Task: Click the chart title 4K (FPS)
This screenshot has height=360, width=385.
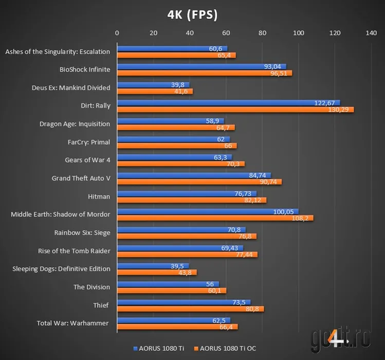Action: pyautogui.click(x=192, y=15)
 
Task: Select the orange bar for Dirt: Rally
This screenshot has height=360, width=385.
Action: pyautogui.click(x=235, y=110)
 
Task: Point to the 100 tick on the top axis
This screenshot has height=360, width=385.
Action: pyautogui.click(x=299, y=33)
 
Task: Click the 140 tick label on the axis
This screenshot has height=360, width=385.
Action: pyautogui.click(x=371, y=33)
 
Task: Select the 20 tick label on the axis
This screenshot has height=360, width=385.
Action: pyautogui.click(x=153, y=33)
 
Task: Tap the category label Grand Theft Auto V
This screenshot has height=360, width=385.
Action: pyautogui.click(x=81, y=178)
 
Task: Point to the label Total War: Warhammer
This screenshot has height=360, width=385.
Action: pyautogui.click(x=73, y=323)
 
